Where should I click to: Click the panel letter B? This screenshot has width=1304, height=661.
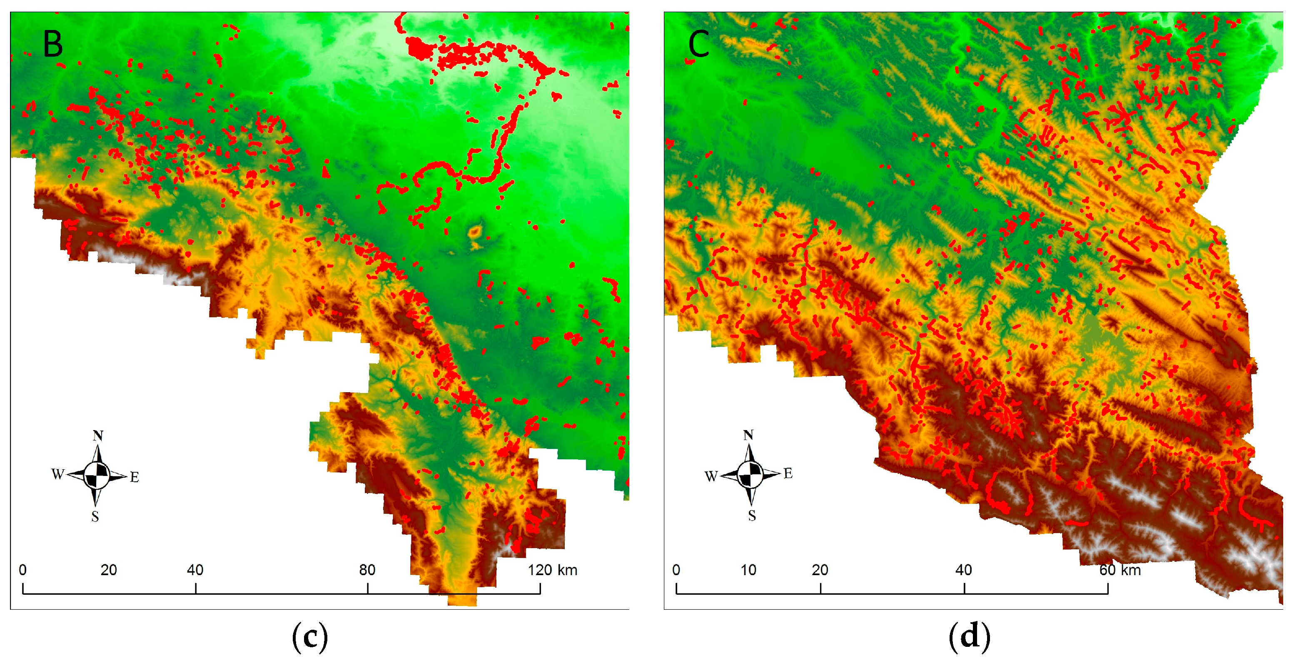coord(52,44)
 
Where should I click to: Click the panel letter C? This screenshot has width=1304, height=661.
coord(698,44)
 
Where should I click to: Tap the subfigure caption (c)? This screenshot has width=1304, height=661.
coord(310,637)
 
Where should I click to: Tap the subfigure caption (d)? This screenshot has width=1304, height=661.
coord(969,637)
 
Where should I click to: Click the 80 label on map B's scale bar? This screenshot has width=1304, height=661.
coord(367,570)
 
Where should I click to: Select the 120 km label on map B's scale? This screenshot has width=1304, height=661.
coord(552,570)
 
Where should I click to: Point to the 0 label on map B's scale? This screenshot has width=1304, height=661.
coord(23,570)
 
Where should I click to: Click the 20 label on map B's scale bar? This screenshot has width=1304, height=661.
coord(108,570)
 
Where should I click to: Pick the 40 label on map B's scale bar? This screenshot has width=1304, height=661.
coord(195,570)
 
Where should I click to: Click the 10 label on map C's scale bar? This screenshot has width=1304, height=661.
coord(748,570)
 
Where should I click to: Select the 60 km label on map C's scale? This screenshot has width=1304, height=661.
coord(1120,570)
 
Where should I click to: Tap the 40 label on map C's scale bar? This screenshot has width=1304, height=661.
coord(963,570)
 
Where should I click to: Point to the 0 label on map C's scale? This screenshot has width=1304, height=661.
coord(676,570)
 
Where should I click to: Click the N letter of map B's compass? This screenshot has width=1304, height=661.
coord(98,436)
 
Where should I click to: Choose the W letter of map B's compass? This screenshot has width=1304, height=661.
coord(57,474)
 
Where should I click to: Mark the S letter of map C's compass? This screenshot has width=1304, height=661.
coord(752,516)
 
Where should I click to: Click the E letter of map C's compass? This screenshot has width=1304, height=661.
coord(788,473)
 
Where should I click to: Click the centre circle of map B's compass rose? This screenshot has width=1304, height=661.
coord(96,476)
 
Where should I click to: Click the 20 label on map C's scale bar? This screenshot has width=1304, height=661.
coord(820,570)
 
